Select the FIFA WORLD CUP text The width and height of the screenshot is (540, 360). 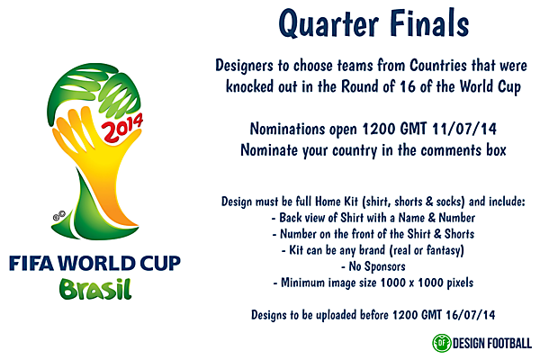pyautogui.click(x=94, y=264)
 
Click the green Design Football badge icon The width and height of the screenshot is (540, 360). pyautogui.click(x=441, y=342)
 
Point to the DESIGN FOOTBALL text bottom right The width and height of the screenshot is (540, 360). pyautogui.click(x=493, y=342)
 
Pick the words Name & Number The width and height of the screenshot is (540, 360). pyautogui.click(x=437, y=218)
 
